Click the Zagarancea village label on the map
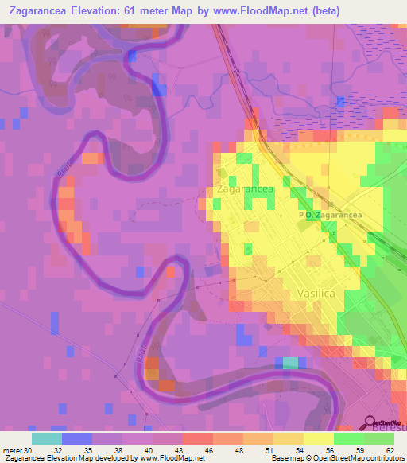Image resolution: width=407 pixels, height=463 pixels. point(245,190)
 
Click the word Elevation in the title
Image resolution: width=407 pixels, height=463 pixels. point(114,12)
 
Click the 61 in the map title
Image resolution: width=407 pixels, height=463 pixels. point(159,12)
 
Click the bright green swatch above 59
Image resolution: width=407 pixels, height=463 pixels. point(348,438)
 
